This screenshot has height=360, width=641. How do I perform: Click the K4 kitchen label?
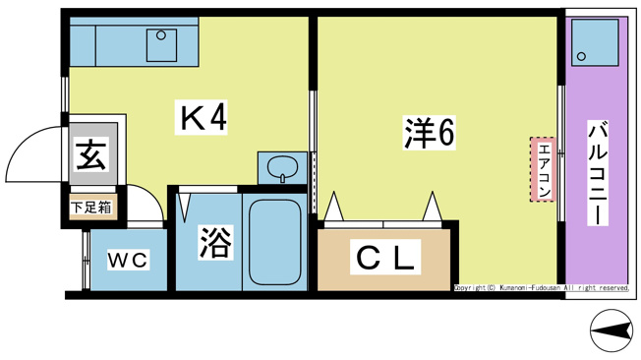(203, 118)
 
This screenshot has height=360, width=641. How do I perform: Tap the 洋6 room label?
(429, 134)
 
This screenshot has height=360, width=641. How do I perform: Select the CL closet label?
(385, 259)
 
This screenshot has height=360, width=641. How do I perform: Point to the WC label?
(127, 260)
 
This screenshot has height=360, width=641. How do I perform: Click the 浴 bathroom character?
(214, 242)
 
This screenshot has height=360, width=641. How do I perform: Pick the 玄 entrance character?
(90, 155)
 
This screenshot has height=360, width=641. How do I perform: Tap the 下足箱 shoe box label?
(91, 207)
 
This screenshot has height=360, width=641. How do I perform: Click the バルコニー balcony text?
(596, 173)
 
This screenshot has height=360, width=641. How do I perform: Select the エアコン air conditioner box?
(543, 169)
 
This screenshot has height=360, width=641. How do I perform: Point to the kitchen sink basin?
(159, 44)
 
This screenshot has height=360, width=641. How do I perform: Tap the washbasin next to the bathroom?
(283, 166)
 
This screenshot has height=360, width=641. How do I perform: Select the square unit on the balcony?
(595, 42)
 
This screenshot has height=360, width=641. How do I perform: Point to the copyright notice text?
(541, 288)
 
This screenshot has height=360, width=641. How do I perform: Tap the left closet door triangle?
(332, 209)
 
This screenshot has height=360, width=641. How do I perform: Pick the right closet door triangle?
(431, 208)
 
